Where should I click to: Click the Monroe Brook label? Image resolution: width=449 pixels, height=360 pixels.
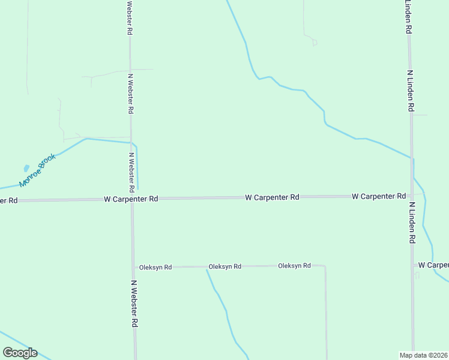[x=37, y=170]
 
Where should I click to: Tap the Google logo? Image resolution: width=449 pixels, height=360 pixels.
[x=20, y=353]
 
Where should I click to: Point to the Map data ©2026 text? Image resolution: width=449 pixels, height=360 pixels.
[x=424, y=355]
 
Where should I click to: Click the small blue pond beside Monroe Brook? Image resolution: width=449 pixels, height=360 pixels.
[x=26, y=169]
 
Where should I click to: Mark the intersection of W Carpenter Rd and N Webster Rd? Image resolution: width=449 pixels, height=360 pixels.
[x=132, y=199]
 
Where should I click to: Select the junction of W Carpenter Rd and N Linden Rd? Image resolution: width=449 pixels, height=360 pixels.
[x=412, y=196]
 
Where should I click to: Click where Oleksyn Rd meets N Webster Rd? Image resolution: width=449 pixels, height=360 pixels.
[x=133, y=267]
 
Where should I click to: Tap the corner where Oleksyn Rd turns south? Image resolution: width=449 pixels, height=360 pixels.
[x=325, y=266]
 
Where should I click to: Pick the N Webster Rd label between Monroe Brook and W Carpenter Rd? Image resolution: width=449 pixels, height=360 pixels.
[x=131, y=167]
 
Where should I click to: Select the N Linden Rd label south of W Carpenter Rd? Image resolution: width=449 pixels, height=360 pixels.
[x=412, y=222]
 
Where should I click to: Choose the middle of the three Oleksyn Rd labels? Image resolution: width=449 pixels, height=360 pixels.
[x=224, y=266]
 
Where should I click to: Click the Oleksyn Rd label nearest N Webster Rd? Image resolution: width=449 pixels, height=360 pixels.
[x=155, y=267]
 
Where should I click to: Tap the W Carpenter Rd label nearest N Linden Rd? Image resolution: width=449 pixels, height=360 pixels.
[x=379, y=196]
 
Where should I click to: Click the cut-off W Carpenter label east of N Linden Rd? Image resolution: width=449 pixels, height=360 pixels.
[x=433, y=265]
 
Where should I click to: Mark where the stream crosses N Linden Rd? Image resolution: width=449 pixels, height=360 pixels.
[x=412, y=158]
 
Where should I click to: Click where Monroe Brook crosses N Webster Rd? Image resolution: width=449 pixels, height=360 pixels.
[x=131, y=142]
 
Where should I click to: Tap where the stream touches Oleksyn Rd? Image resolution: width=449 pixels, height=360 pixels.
[x=207, y=269]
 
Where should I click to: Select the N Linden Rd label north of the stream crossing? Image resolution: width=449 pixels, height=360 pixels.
[x=410, y=91]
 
